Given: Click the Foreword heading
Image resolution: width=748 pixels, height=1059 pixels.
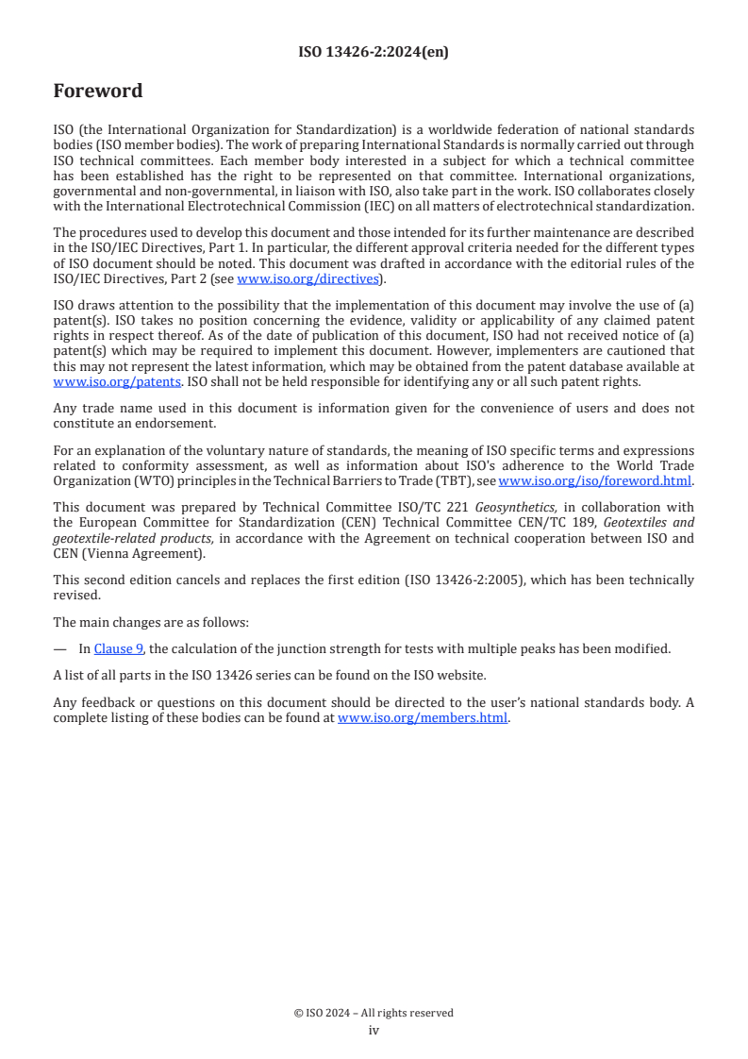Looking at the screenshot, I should click(98, 92).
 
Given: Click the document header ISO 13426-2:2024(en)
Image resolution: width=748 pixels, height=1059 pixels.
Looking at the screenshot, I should click(374, 53).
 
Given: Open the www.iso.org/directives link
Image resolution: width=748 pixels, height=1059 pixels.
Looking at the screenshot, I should click(308, 278).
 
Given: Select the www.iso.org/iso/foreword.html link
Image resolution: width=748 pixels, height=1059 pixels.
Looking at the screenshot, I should click(595, 480).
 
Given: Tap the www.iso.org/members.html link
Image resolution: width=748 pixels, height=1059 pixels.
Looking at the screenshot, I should click(423, 718).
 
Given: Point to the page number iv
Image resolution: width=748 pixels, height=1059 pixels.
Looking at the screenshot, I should click(374, 1031).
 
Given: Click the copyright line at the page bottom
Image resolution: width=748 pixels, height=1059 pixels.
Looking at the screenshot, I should click(374, 1013).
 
